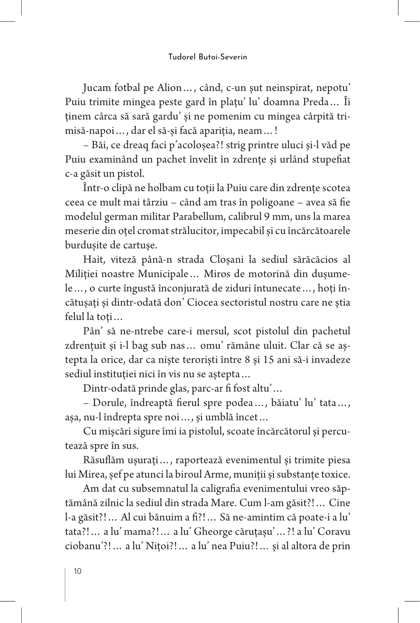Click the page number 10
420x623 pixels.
click(78, 571)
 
